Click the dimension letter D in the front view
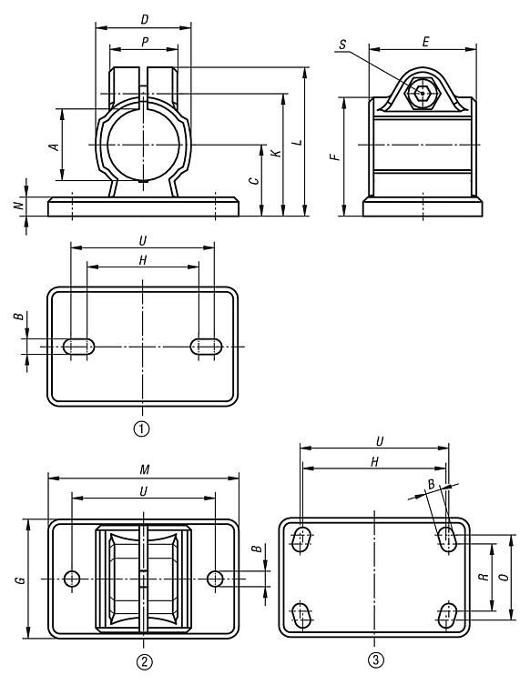143,19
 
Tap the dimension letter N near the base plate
18,206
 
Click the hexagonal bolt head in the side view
422,93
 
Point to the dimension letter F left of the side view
335,156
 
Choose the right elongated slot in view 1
207,346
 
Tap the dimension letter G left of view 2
19,579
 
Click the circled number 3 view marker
374,660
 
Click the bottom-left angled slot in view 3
301,616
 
